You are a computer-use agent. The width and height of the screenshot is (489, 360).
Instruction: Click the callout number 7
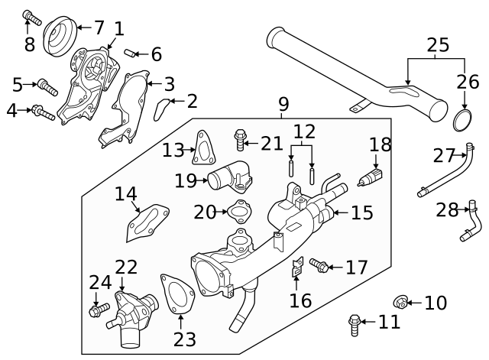pyautogui.click(x=99, y=28)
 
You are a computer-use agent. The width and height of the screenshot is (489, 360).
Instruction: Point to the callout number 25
pyautogui.click(x=438, y=46)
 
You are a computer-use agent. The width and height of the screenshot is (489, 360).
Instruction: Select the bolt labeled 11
pyautogui.click(x=354, y=324)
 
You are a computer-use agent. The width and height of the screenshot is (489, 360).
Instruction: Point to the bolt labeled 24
pyautogui.click(x=99, y=310)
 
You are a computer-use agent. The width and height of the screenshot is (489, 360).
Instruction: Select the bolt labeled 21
pyautogui.click(x=242, y=140)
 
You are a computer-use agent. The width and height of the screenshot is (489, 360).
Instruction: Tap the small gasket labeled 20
pyautogui.click(x=239, y=212)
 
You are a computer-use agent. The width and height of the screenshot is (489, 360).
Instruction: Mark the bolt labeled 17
pyautogui.click(x=320, y=267)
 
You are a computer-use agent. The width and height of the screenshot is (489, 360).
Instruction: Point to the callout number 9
pyautogui.click(x=283, y=102)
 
